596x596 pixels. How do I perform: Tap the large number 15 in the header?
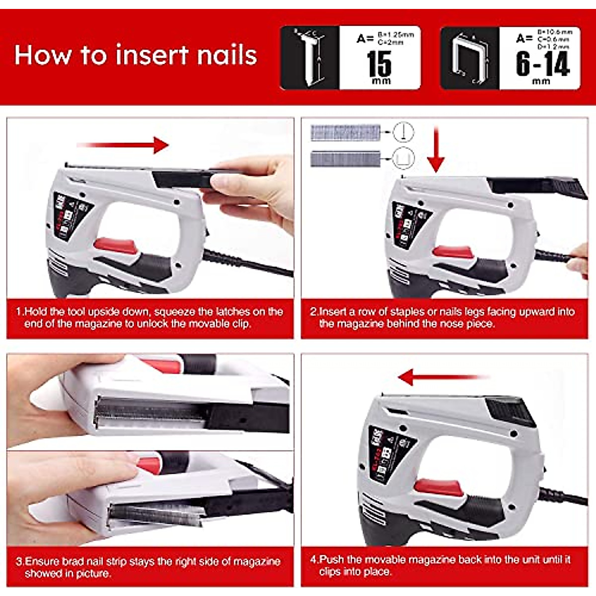click(x=379, y=64)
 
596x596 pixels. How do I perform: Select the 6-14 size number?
click(x=542, y=64)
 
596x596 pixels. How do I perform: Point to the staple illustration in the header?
click(x=469, y=59)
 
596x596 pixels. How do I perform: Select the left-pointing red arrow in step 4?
click(x=442, y=377)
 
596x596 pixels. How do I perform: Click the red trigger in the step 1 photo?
click(x=115, y=245)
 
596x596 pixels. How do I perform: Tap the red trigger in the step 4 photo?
click(x=439, y=488)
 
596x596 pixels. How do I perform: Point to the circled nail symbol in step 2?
click(x=403, y=133)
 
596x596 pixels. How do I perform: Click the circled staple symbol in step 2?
click(x=403, y=159)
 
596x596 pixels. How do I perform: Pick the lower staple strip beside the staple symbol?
click(x=345, y=159)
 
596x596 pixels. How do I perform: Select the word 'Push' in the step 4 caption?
click(x=331, y=560)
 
